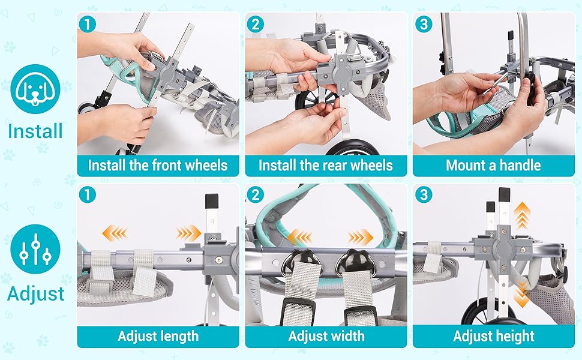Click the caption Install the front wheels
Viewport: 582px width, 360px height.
[158, 166]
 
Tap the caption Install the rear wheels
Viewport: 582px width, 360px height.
[326, 166]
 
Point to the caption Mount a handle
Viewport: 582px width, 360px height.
[493, 166]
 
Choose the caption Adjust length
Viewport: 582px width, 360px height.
[158, 336]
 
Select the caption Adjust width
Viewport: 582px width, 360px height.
[326, 336]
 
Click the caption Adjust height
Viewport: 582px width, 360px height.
[493, 336]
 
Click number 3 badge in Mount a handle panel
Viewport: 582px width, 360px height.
[424, 25]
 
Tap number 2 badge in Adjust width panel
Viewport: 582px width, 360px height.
[256, 195]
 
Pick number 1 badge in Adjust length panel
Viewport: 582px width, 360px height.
[88, 195]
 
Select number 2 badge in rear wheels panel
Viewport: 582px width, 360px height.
[256, 25]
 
